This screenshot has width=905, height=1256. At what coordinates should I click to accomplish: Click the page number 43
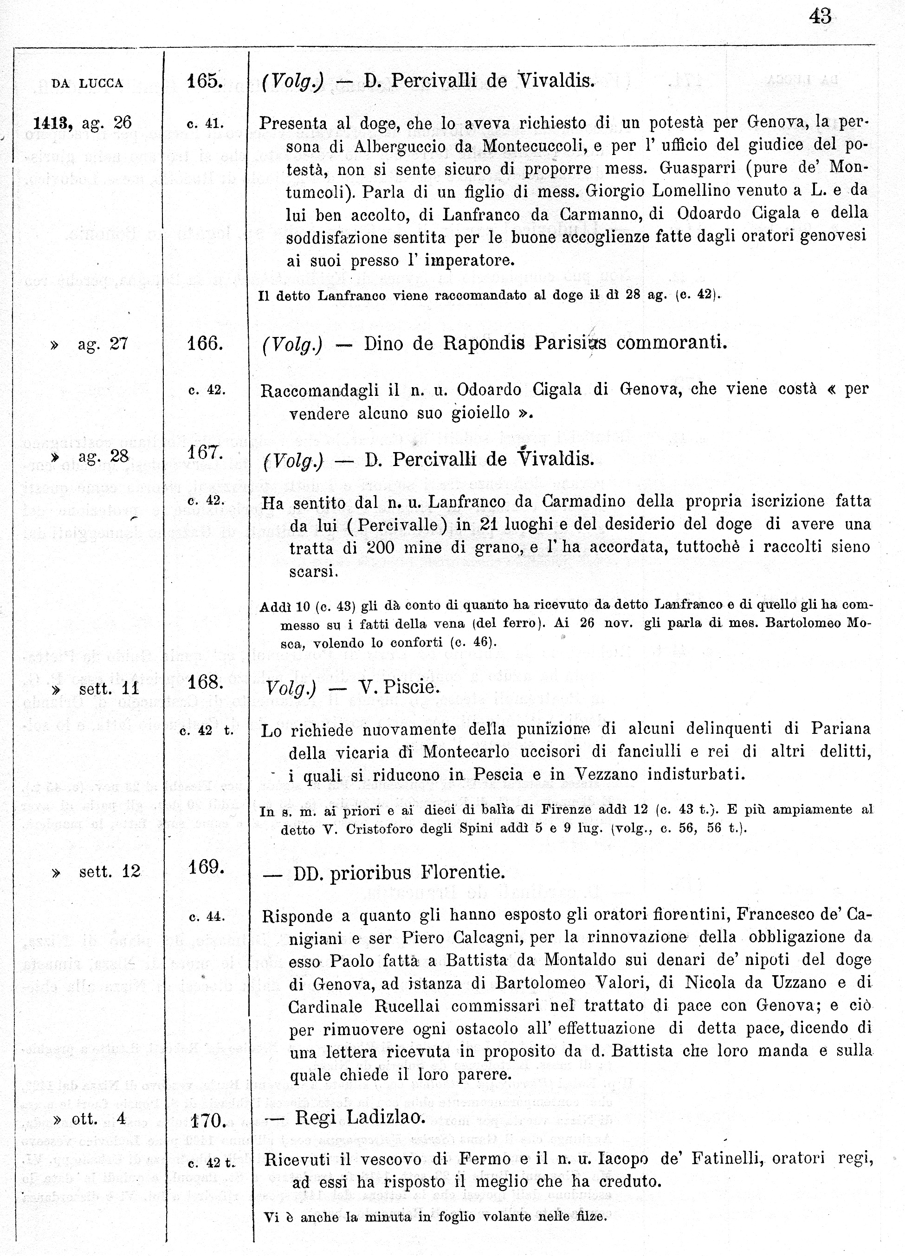[x=820, y=17]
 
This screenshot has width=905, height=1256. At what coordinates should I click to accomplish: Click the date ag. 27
[x=103, y=344]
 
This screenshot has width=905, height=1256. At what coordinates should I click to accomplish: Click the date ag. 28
[x=103, y=456]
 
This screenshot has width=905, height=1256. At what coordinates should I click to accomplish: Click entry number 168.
[x=205, y=682]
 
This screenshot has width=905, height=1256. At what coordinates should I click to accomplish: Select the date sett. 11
[x=109, y=688]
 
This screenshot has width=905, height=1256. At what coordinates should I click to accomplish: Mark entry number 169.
[x=206, y=866]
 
